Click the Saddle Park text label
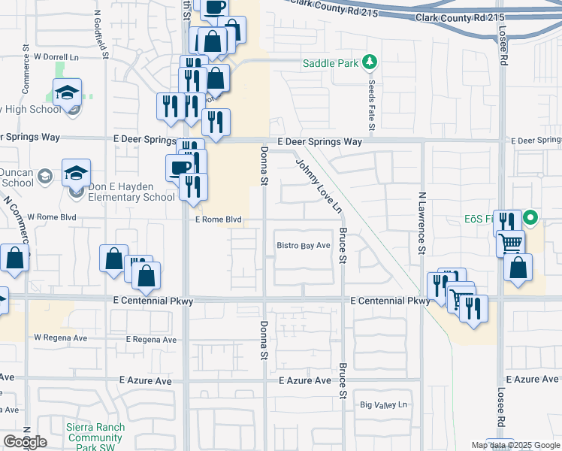pyautogui.click(x=330, y=64)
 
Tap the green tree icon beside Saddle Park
pyautogui.click(x=368, y=62)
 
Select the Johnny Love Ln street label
pyautogui.click(x=319, y=185)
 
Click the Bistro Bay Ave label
pyautogui.click(x=304, y=246)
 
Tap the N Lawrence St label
pyautogui.click(x=422, y=225)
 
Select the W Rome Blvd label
pyautogui.click(x=53, y=216)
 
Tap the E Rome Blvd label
pyautogui.click(x=219, y=219)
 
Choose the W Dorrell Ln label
pyautogui.click(x=56, y=56)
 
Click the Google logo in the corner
pyautogui.click(x=25, y=441)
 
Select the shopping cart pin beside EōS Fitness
pyautogui.click(x=511, y=243)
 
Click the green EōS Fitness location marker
pyautogui.click(x=531, y=219)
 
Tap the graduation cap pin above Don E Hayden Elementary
pyautogui.click(x=76, y=173)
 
